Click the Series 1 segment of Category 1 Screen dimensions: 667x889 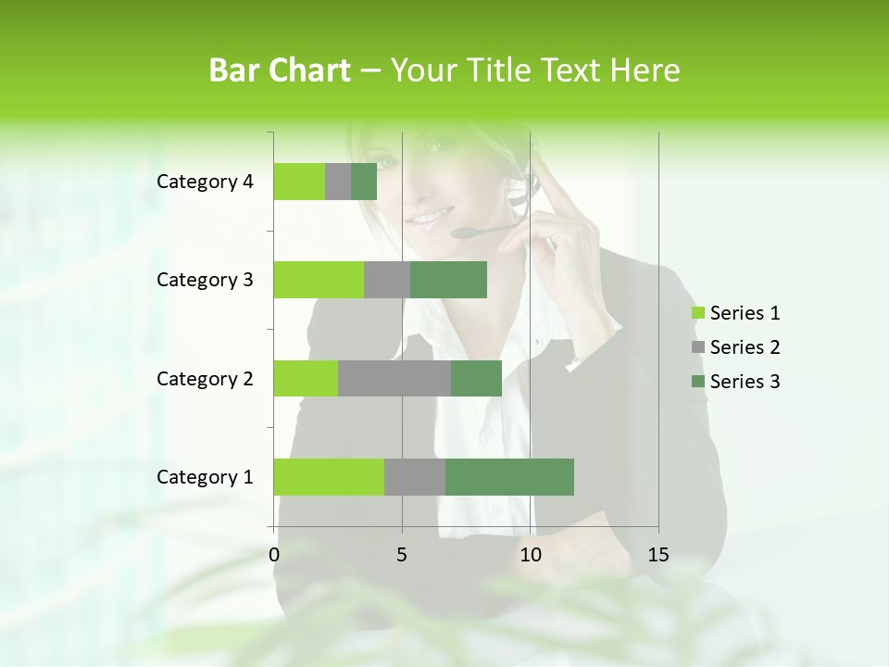click(x=329, y=477)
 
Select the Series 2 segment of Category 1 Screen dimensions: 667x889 click(x=415, y=477)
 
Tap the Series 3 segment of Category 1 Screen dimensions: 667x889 click(x=509, y=477)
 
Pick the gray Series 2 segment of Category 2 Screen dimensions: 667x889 click(x=394, y=378)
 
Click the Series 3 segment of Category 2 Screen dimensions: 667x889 click(x=476, y=378)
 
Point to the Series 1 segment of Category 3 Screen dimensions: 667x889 click(x=319, y=280)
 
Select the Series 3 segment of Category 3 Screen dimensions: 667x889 click(x=448, y=280)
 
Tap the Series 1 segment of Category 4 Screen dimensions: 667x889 click(x=299, y=182)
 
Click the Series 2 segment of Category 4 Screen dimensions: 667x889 click(x=338, y=182)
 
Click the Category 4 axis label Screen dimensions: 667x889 click(x=205, y=182)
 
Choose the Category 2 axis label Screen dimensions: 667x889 click(x=205, y=378)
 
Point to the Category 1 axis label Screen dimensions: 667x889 click(x=205, y=477)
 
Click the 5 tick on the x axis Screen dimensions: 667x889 click(x=402, y=555)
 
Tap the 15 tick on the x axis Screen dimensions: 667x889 click(x=658, y=555)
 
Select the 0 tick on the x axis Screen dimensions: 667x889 click(x=274, y=555)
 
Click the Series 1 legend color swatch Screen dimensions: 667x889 click(x=697, y=313)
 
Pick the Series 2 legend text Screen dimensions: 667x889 click(x=745, y=347)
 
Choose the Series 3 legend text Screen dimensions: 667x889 click(x=745, y=382)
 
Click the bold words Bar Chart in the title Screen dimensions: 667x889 click(x=280, y=70)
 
